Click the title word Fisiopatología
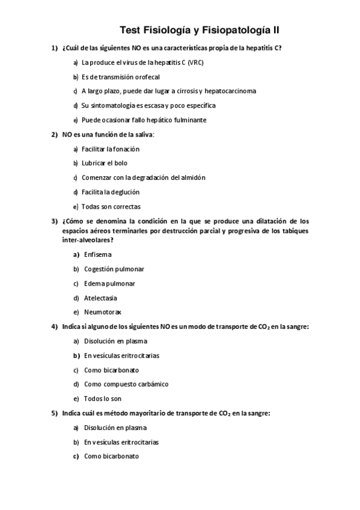click(236, 29)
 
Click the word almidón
click(192, 177)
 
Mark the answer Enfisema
click(97, 254)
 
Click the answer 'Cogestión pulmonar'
click(114, 269)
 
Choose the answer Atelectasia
click(100, 298)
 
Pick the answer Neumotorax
click(102, 312)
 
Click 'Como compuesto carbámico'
click(126, 384)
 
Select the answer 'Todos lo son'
click(102, 398)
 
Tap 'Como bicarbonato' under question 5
click(111, 456)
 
